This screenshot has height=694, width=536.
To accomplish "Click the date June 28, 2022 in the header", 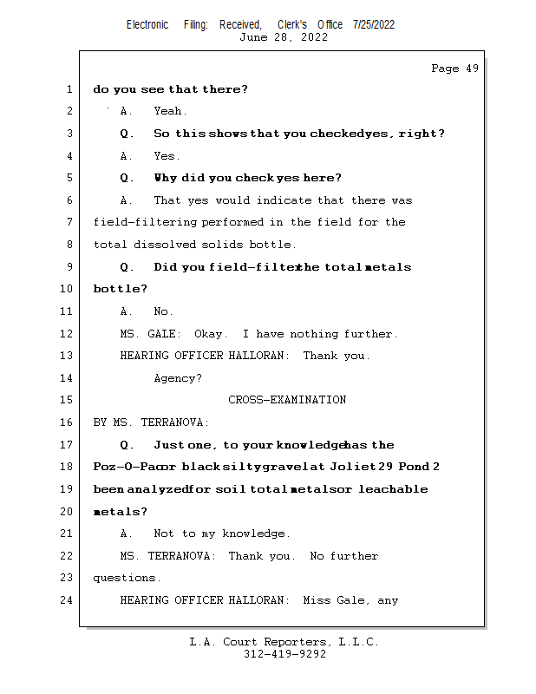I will coord(284,37).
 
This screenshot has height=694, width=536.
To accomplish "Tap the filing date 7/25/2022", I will coord(374,24).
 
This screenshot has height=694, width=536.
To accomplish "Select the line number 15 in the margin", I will coord(68,400).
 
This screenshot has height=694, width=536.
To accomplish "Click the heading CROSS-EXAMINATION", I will coord(287,400).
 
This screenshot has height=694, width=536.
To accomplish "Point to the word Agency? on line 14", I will coord(178,378).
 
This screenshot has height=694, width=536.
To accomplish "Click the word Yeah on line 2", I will coord(170,111).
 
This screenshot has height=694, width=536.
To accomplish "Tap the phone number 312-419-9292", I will coord(284,654).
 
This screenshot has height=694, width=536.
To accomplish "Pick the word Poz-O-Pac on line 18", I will coord(124,467).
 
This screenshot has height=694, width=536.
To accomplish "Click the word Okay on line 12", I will coord(211,334).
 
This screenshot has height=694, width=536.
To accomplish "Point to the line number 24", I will coord(68,599).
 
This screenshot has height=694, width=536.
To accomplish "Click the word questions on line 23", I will coord(126,578).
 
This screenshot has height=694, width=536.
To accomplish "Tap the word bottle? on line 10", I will coord(120,289).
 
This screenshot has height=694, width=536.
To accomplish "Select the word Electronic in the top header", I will coord(147,24).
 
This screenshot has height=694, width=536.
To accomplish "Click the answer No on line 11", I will coord(163,311).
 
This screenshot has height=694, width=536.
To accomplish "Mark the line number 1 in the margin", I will coord(69,89).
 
